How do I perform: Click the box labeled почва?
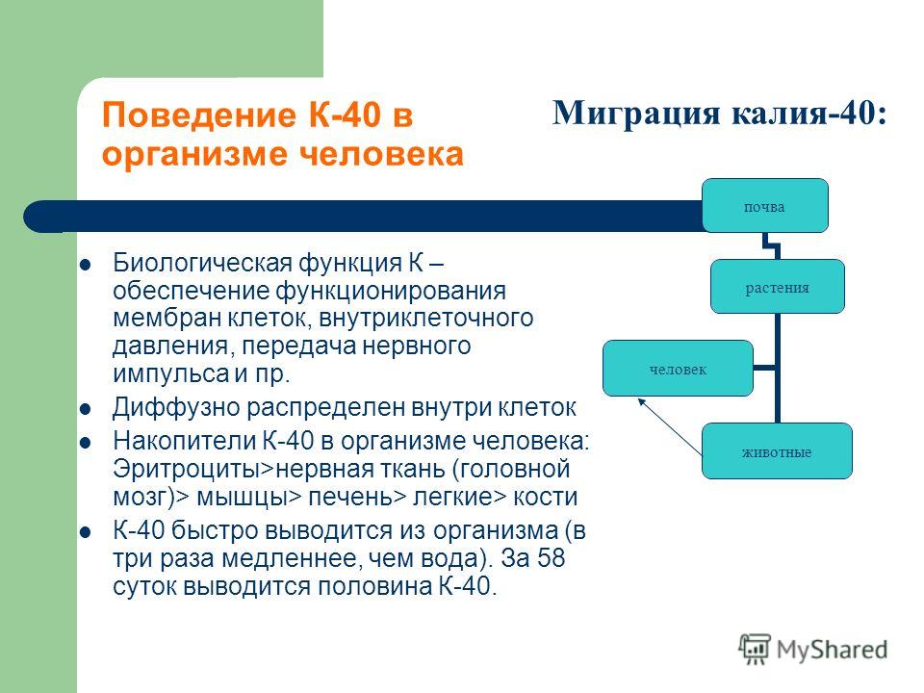[x=765, y=206]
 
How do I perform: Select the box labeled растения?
[x=778, y=287]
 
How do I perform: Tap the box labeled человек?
[x=678, y=369]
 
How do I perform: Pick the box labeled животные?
[x=777, y=451]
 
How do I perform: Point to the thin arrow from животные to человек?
[x=670, y=426]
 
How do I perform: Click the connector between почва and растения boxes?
[x=771, y=246]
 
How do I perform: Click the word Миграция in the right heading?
[x=636, y=114]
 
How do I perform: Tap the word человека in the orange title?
[x=381, y=154]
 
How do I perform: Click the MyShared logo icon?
[x=755, y=649]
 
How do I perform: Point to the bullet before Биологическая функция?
[x=86, y=265]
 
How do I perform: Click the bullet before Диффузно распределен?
[x=86, y=408]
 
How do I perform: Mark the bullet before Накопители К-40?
[x=86, y=442]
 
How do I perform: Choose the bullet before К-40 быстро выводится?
[x=86, y=532]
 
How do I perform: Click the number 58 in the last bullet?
[x=551, y=558]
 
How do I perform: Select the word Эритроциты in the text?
[x=186, y=470]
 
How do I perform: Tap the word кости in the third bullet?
[x=545, y=497]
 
